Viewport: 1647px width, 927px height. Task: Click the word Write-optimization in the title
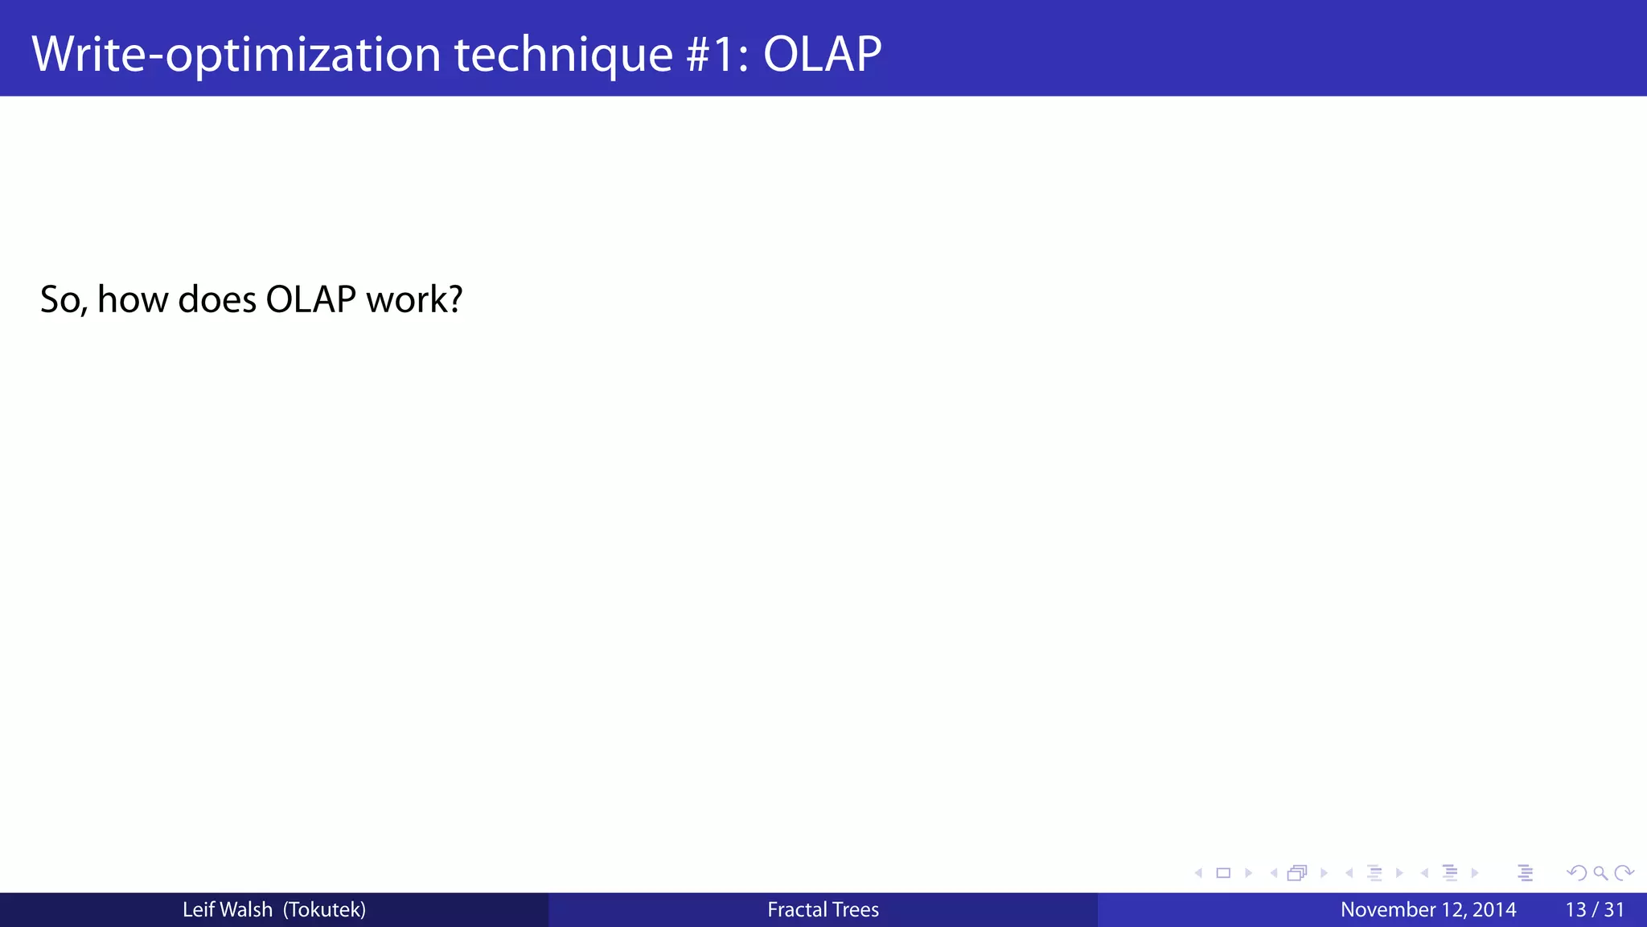[236, 55]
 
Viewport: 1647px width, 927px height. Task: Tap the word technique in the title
[563, 55]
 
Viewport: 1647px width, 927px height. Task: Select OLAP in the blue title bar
[822, 55]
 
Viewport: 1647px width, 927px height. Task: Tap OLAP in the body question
[310, 300]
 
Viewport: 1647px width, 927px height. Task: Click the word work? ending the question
[414, 300]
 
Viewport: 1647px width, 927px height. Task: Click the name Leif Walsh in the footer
[227, 910]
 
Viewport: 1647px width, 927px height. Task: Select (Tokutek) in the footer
[324, 910]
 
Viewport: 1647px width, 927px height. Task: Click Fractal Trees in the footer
[823, 910]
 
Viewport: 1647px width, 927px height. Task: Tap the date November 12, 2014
[1428, 910]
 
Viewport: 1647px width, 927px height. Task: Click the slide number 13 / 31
[1595, 910]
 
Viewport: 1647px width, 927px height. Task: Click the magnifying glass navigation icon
[1600, 873]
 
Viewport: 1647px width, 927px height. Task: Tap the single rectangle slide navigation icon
[1223, 873]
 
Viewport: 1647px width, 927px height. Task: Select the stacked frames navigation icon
[1297, 873]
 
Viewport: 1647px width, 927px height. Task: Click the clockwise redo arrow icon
[1624, 873]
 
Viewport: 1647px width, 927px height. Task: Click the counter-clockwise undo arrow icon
[1576, 873]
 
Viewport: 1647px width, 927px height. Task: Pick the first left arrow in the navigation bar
[1198, 873]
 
